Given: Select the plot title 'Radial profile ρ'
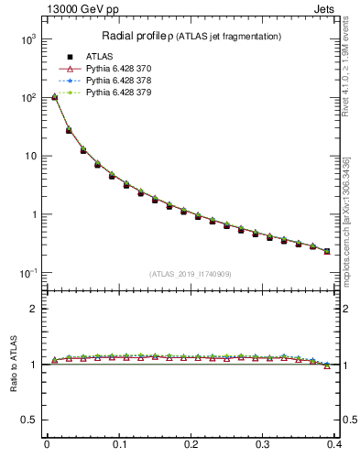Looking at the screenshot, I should (140, 36).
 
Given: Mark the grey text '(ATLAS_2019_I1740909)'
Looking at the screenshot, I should (191, 274).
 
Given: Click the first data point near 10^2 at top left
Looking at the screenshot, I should (54, 96).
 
